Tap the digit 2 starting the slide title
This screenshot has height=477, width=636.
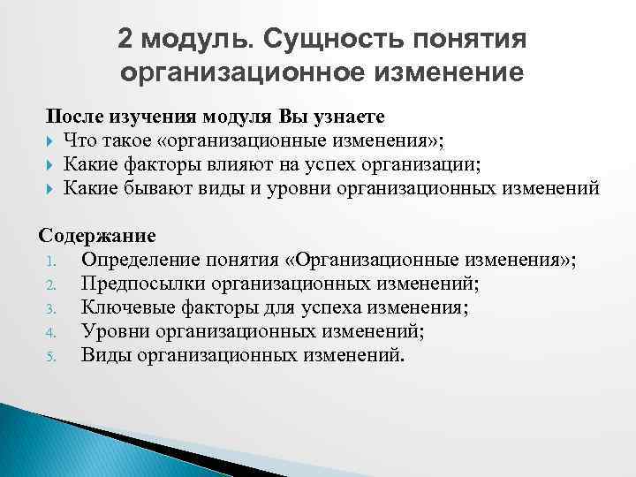pos(126,40)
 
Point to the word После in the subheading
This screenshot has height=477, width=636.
pos(75,117)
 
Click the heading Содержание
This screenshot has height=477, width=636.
pos(96,237)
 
